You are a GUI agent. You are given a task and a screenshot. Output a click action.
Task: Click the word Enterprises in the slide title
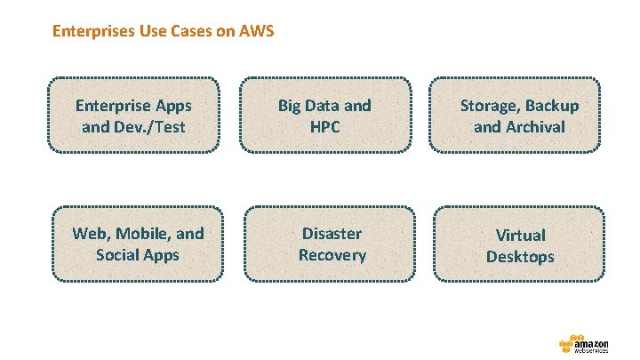point(92,32)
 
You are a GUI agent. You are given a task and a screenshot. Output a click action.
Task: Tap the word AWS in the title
point(257,32)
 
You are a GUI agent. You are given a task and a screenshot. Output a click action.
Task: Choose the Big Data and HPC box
point(324,116)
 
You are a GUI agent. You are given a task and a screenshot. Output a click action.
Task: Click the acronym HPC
point(324,126)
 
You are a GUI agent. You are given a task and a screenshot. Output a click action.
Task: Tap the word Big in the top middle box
point(290,106)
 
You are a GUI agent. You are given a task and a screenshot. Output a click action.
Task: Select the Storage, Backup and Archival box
point(519,116)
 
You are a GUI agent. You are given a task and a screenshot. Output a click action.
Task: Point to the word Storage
point(489,106)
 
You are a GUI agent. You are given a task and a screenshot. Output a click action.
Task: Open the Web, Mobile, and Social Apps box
point(138,244)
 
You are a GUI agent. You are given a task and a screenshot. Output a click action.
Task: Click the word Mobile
point(144,234)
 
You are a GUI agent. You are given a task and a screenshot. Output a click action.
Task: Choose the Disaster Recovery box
point(332,244)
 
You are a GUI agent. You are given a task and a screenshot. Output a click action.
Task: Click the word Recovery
point(332,255)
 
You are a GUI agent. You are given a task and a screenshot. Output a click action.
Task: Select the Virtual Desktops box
point(519,245)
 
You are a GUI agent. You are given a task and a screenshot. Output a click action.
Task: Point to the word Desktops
point(520,257)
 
